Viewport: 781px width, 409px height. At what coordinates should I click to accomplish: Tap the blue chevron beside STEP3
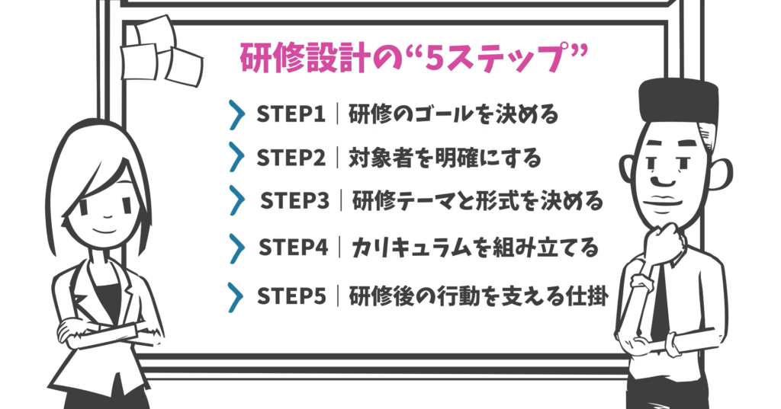point(239,201)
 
